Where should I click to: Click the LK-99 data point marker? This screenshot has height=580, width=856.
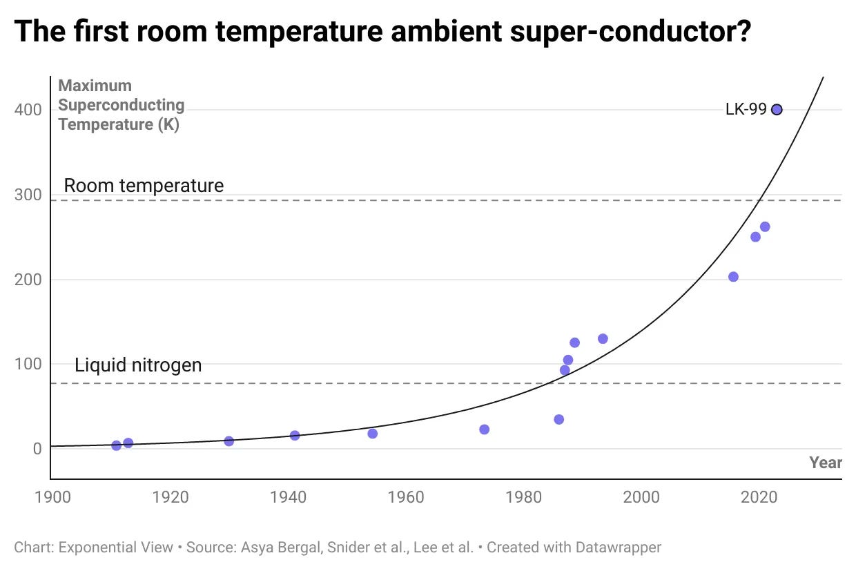coord(777,109)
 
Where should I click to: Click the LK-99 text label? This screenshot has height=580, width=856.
coord(746,109)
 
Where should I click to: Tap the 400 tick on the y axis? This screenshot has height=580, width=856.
coord(28,110)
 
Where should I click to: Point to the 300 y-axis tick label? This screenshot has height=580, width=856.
coord(28,195)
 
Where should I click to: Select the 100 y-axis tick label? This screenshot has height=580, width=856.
coord(28,364)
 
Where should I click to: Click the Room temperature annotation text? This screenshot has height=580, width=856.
coord(144,185)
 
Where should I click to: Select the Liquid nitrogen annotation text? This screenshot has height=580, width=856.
coord(138,365)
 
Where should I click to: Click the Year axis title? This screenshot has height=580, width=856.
coord(825,463)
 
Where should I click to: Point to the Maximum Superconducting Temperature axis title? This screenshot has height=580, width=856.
coord(121,105)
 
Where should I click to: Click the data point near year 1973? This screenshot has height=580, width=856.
coord(484,429)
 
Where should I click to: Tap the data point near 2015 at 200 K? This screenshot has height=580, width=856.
coord(733,277)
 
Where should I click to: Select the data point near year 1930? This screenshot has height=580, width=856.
coord(228,441)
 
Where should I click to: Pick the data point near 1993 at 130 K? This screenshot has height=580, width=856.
coord(603,339)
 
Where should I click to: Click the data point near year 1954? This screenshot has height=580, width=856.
coord(372,434)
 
